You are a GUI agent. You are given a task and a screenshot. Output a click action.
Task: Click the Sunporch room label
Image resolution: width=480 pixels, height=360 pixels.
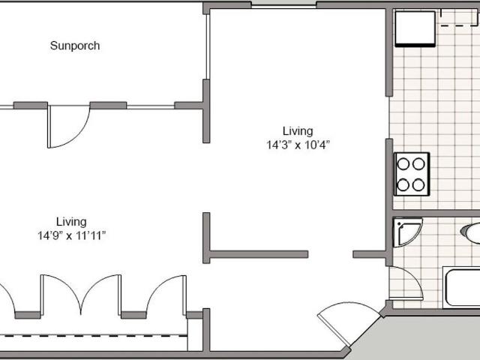pyautogui.click(x=75, y=46)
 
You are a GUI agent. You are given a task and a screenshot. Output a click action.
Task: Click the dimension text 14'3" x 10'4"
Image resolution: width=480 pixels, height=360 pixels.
pyautogui.click(x=298, y=145)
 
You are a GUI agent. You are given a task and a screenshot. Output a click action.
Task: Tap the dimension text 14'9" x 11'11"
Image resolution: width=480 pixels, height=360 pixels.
pyautogui.click(x=71, y=235)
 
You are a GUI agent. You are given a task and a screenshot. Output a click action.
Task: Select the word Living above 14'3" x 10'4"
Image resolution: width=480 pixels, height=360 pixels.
pyautogui.click(x=298, y=130)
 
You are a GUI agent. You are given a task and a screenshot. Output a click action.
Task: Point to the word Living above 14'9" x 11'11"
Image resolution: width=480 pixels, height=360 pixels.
pyautogui.click(x=71, y=221)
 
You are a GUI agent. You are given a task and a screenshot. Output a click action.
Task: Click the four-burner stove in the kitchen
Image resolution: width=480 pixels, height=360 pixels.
pyautogui.click(x=412, y=173)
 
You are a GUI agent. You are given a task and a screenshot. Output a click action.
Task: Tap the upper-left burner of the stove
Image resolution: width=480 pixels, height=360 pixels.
pyautogui.click(x=403, y=164)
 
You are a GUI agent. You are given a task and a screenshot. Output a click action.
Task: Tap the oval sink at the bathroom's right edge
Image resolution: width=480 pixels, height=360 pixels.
pyautogui.click(x=472, y=232)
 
